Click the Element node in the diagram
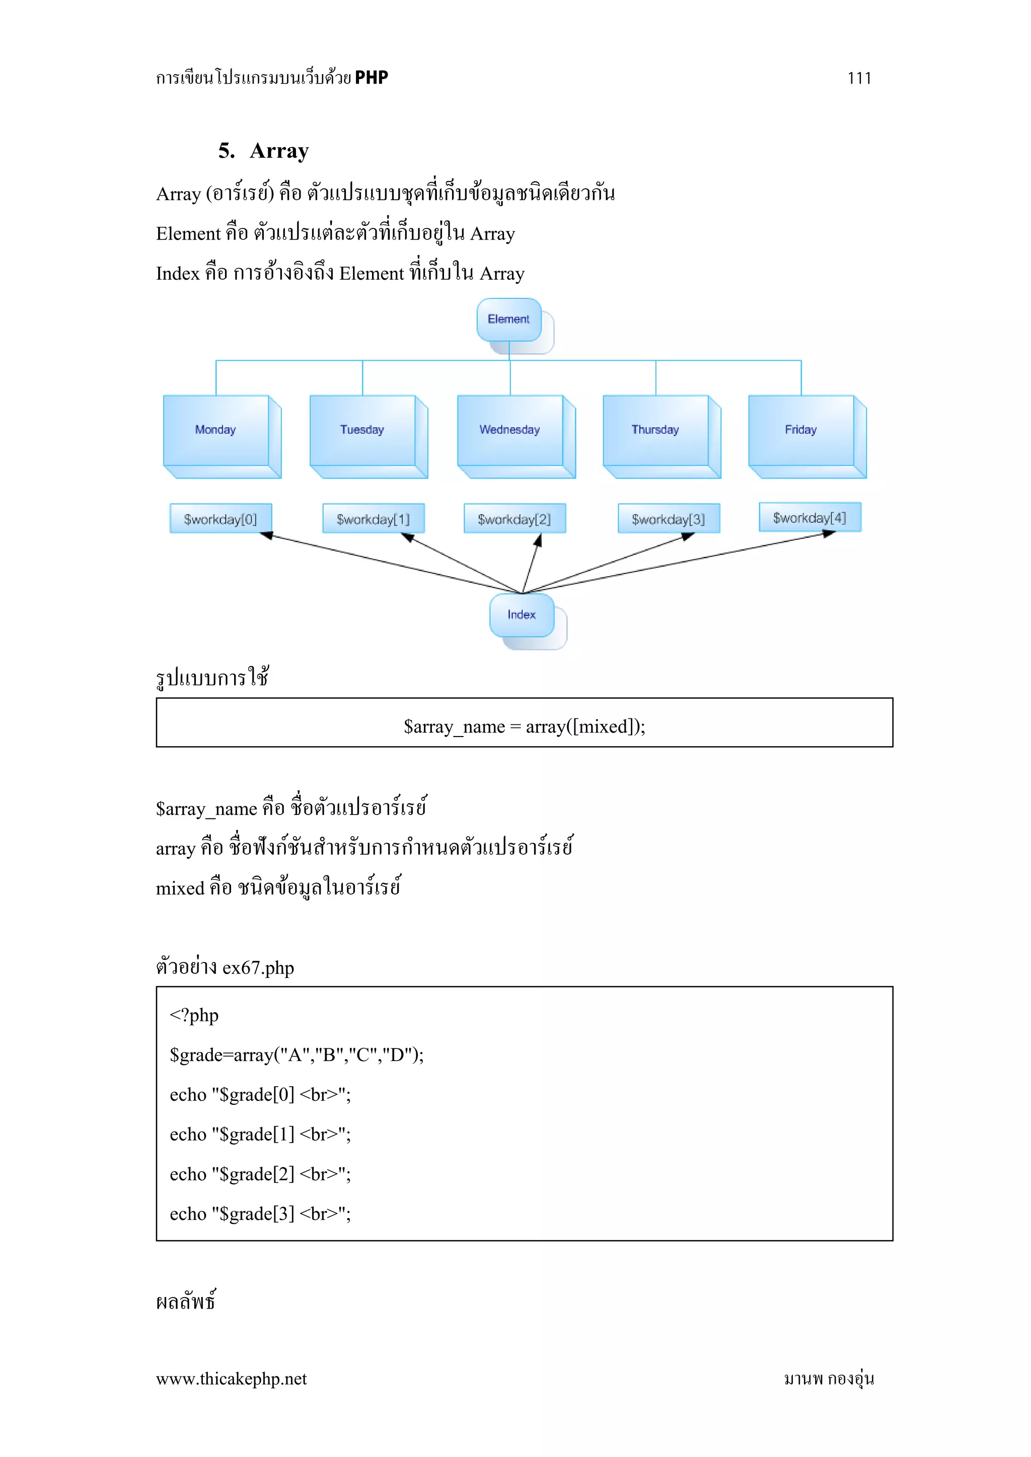(x=508, y=319)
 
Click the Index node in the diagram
(x=521, y=614)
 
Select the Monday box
(x=216, y=430)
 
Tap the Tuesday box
(x=362, y=430)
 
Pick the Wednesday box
(x=510, y=430)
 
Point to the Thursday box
(x=655, y=430)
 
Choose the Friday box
(x=800, y=430)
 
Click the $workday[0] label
(x=220, y=519)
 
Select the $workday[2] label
(x=514, y=519)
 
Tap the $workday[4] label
(x=809, y=517)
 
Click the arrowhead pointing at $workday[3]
(x=688, y=536)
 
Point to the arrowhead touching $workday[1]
(x=408, y=537)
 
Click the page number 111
(x=859, y=78)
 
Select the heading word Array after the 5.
(x=279, y=151)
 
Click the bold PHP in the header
(x=372, y=77)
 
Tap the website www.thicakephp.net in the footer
(x=231, y=1379)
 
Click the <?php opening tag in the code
(x=194, y=1015)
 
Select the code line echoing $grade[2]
(x=260, y=1173)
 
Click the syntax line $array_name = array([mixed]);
(x=525, y=726)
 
